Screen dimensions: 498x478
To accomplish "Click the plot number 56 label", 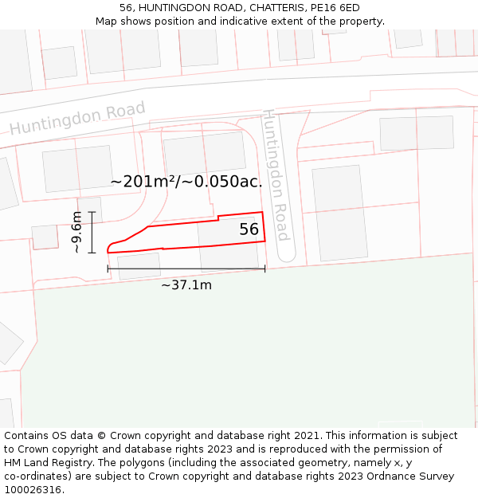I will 249,229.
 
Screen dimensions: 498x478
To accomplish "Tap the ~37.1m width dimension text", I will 186,285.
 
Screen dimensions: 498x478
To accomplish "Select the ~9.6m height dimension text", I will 76,232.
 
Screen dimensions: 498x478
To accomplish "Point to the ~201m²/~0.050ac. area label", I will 186,182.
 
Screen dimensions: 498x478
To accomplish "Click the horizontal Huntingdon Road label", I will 77,118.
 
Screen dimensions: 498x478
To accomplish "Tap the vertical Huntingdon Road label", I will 276,175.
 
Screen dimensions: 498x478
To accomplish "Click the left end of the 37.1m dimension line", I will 108,269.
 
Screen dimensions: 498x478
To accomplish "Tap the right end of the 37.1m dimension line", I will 264,269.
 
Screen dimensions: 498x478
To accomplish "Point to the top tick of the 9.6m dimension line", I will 92,212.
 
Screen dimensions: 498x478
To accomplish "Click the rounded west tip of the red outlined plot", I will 108,249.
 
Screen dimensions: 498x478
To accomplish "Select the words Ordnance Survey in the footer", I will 413,476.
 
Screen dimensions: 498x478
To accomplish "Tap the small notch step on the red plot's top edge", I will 218,218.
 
